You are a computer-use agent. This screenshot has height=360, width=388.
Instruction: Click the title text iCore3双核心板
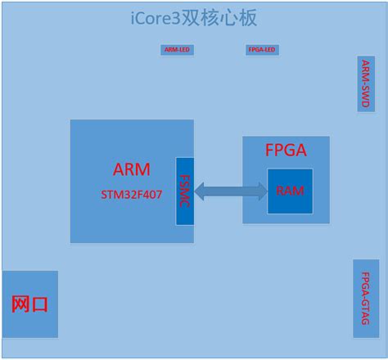pos(194,18)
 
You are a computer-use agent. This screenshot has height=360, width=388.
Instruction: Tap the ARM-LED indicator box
pos(177,50)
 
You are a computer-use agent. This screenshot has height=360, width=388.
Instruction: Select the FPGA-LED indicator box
pos(262,50)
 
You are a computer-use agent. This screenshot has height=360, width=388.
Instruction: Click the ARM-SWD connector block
pos(366,84)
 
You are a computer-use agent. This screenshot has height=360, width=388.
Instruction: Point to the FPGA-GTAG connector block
pos(366,299)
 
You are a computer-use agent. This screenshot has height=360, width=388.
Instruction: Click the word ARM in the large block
pos(131,170)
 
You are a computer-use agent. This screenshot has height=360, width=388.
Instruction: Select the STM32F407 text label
pos(131,196)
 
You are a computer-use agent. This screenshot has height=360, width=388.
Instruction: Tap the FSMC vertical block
pos(184,192)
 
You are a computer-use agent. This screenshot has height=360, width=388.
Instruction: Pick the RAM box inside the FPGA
pos(289,191)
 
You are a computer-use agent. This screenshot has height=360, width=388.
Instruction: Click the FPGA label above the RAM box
pos(286,151)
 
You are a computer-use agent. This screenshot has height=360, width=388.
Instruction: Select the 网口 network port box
pos(29,304)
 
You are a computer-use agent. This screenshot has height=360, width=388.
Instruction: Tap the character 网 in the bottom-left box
pos(20,304)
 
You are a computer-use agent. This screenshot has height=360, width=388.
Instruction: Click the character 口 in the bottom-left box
pos(39,304)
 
